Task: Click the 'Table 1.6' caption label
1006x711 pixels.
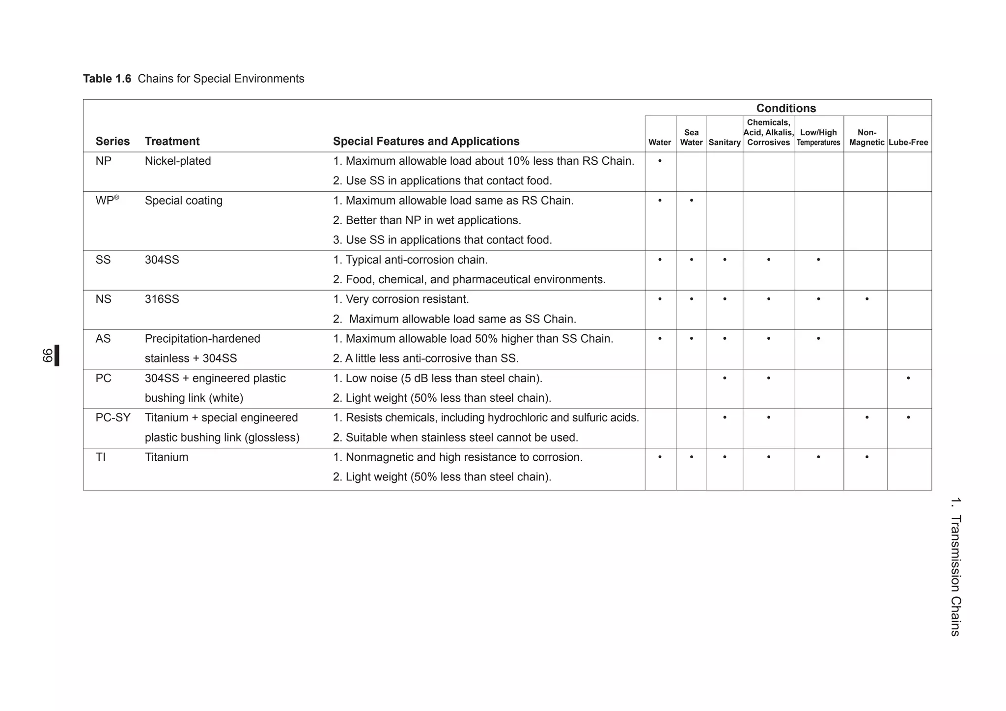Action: click(x=107, y=79)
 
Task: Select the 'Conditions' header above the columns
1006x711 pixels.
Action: click(x=785, y=108)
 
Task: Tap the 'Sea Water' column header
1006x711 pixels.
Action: click(x=691, y=137)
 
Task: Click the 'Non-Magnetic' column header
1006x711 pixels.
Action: click(x=866, y=137)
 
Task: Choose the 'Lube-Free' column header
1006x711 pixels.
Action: click(x=908, y=143)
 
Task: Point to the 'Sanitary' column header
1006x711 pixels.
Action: click(x=724, y=143)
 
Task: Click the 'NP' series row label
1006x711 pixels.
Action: click(x=103, y=161)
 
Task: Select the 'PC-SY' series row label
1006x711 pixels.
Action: click(x=113, y=418)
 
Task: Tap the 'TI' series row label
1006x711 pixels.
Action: click(x=101, y=457)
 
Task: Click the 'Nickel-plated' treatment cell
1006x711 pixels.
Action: click(x=178, y=161)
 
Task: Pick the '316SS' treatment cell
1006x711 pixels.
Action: click(x=162, y=299)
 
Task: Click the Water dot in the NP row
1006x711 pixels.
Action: click(x=659, y=161)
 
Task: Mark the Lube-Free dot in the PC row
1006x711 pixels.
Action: click(x=908, y=378)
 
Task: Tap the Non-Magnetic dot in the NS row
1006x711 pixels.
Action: click(x=866, y=299)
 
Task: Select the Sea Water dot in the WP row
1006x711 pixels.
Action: click(x=691, y=201)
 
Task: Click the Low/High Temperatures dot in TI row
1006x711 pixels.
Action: click(x=818, y=457)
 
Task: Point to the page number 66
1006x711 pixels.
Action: click(x=47, y=355)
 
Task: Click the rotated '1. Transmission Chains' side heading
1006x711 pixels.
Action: click(x=955, y=566)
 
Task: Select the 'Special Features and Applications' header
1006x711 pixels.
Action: click(x=426, y=142)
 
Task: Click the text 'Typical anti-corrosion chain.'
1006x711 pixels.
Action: click(x=417, y=260)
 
